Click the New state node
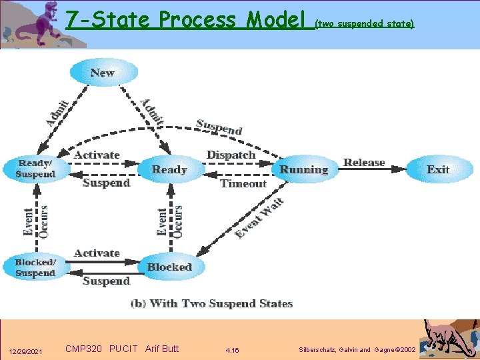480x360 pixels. tap(103, 73)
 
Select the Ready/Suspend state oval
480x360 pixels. tap(36, 169)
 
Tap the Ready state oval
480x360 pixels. tap(169, 170)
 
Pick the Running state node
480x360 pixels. tap(304, 170)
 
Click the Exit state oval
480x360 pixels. tap(438, 169)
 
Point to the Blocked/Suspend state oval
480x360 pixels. tap(35, 267)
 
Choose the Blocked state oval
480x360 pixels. tap(169, 267)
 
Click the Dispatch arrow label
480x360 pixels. tap(231, 155)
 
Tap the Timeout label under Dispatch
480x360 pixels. tap(243, 184)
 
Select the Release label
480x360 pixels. tap(364, 162)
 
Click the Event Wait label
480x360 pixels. tap(259, 217)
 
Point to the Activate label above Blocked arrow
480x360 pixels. tap(97, 253)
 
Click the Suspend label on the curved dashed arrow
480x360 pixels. tap(219, 126)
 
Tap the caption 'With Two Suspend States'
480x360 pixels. tap(212, 304)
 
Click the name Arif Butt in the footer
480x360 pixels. tap(162, 349)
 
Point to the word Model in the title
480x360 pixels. tap(275, 20)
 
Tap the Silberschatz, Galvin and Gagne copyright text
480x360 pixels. tap(358, 350)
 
